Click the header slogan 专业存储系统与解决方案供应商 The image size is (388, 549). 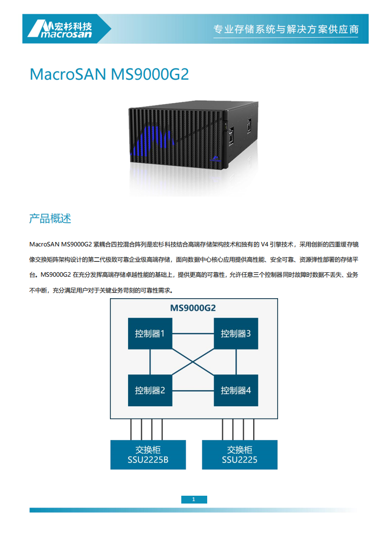tap(286, 29)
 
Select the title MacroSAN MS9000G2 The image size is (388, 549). tap(109, 74)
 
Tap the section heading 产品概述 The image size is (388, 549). tap(50, 219)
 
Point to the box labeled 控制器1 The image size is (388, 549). tap(150, 334)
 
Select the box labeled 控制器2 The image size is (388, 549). tap(150, 390)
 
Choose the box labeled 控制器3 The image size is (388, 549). tap(236, 334)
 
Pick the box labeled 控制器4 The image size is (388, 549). tap(236, 390)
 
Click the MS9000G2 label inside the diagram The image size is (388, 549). tap(193, 308)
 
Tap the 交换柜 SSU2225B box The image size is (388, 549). tap(148, 455)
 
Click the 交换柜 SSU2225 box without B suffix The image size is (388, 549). tap(239, 455)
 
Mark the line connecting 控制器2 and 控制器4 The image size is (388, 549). tap(193, 391)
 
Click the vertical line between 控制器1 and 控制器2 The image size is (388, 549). tap(150, 362)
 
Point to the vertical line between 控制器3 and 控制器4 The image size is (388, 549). tap(236, 362)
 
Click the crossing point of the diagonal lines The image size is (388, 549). tap(193, 362)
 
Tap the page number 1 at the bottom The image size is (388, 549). tap(194, 500)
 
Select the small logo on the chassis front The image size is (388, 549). tap(215, 158)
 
